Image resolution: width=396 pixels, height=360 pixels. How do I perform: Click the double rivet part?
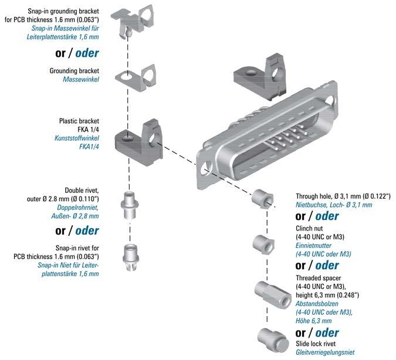point(131,204)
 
